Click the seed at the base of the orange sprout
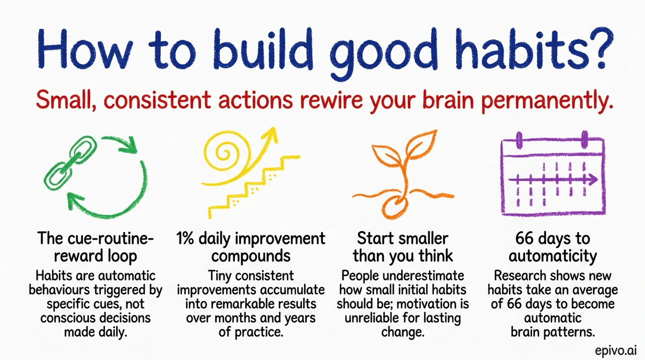(x=398, y=210)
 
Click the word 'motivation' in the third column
(x=434, y=304)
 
